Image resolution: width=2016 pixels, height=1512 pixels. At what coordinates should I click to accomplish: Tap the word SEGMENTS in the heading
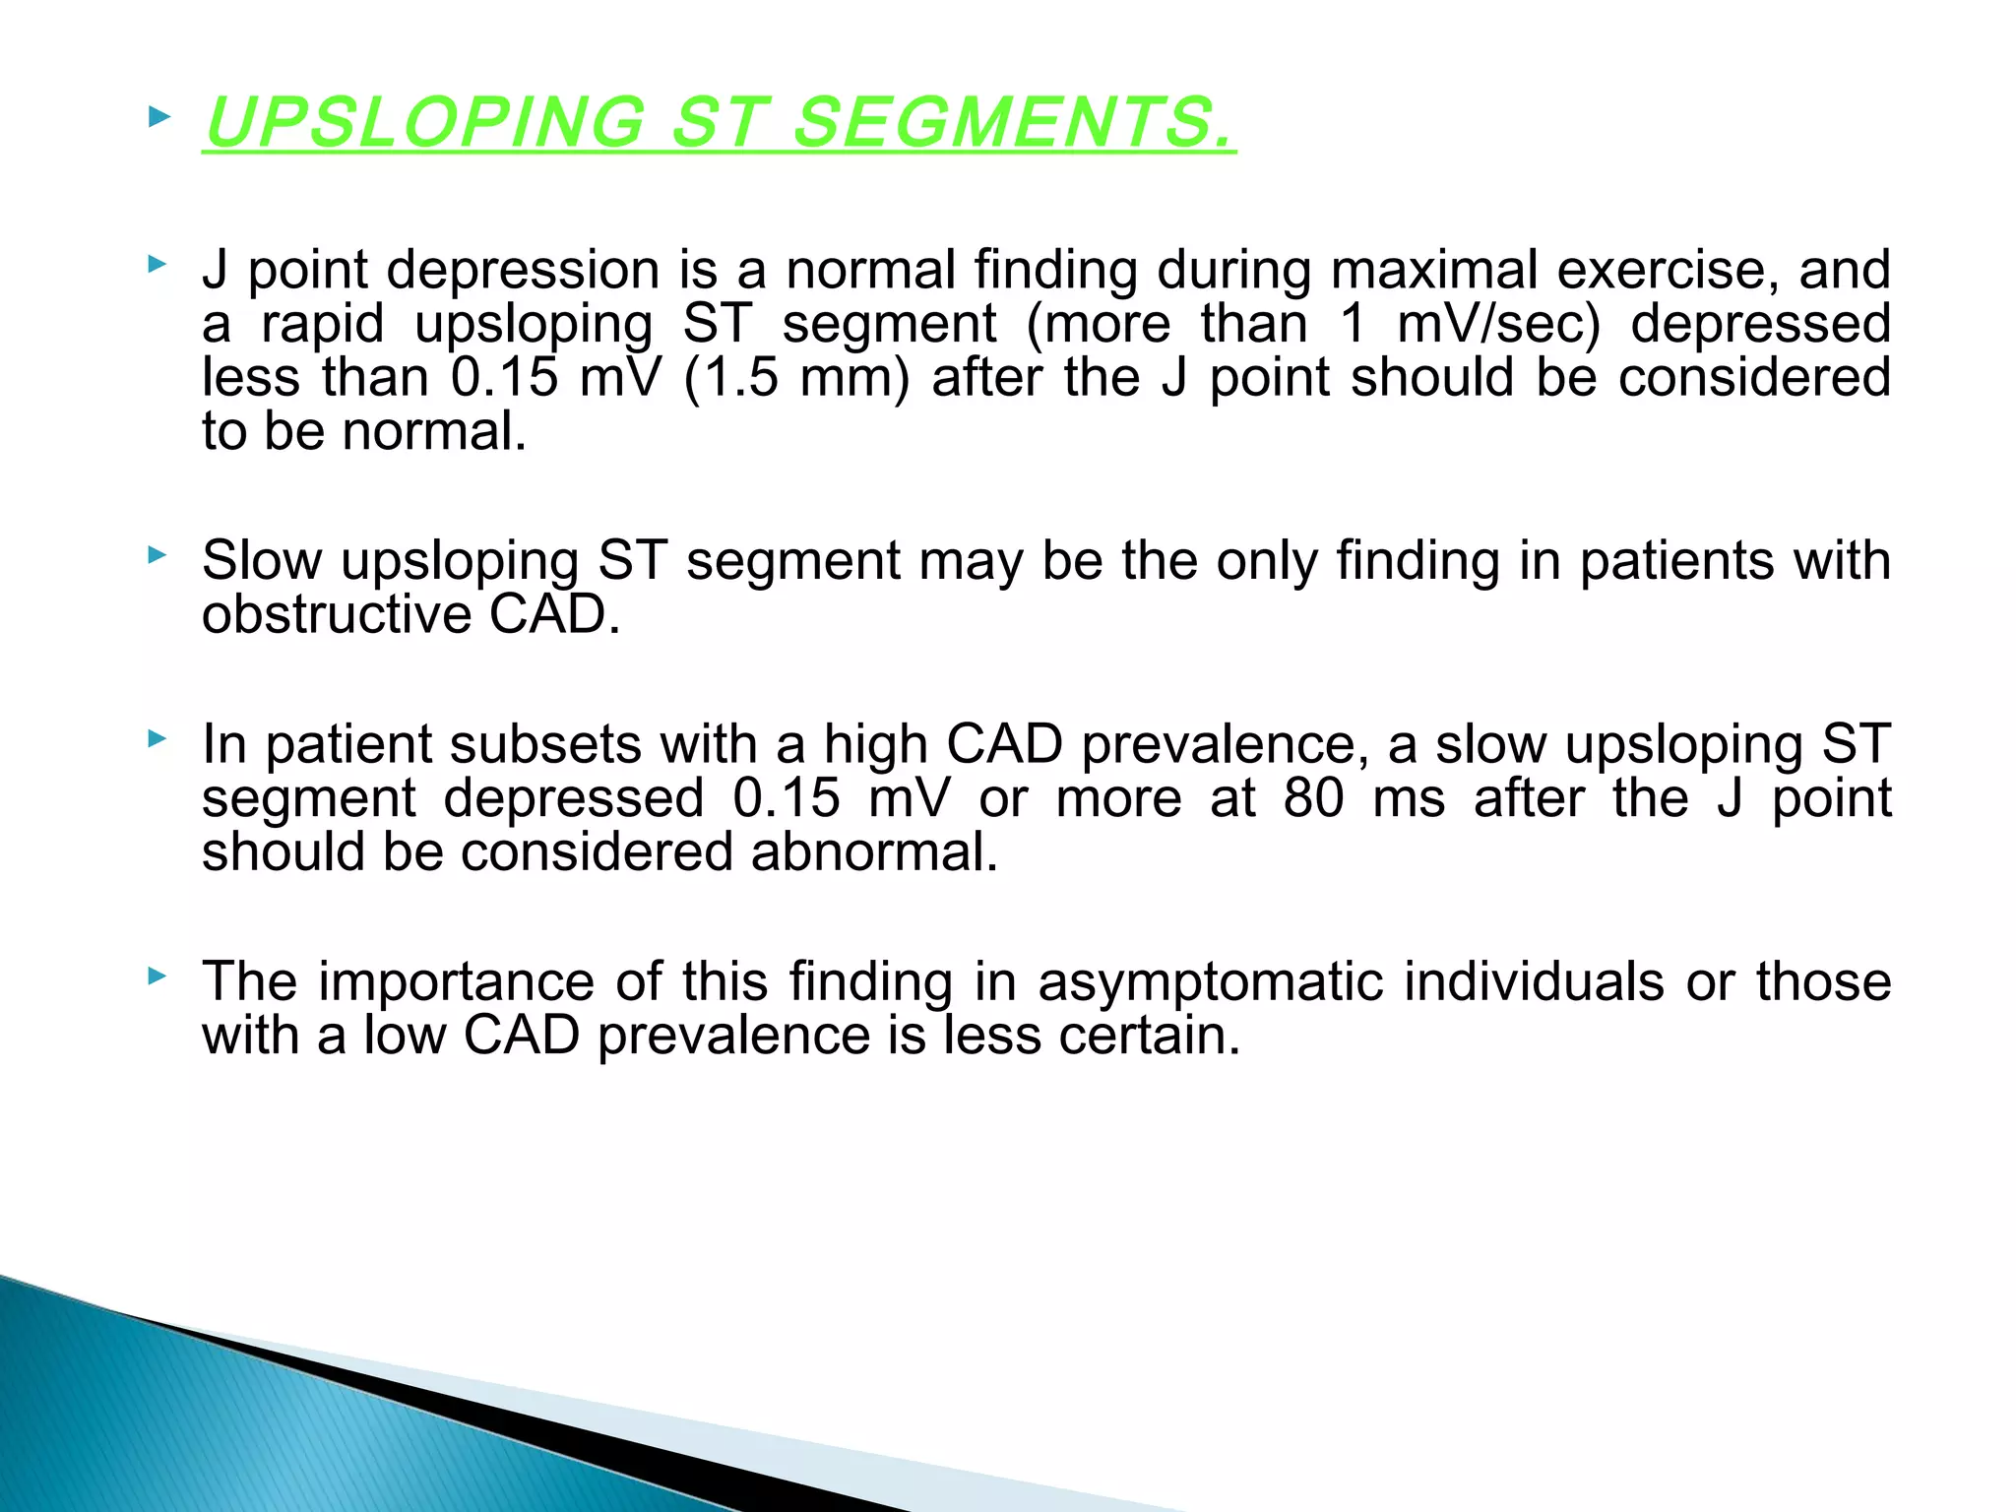tap(1014, 123)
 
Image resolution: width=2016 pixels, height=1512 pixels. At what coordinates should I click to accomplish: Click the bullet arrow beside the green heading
tap(157, 119)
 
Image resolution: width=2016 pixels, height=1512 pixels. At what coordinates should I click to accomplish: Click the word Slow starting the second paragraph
tap(261, 560)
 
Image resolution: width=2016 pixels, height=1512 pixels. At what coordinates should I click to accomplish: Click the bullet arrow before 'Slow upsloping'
tap(157, 555)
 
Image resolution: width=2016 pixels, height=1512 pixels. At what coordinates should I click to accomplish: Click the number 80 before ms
tap(1313, 798)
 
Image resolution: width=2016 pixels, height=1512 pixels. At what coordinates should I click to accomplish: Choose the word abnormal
tap(874, 852)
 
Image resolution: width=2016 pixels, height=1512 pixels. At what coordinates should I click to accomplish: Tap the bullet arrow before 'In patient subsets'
tap(157, 738)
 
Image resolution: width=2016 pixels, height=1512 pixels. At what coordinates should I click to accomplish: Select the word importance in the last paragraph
tap(456, 982)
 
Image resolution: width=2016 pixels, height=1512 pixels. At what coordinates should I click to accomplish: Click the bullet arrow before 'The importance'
tap(157, 976)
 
